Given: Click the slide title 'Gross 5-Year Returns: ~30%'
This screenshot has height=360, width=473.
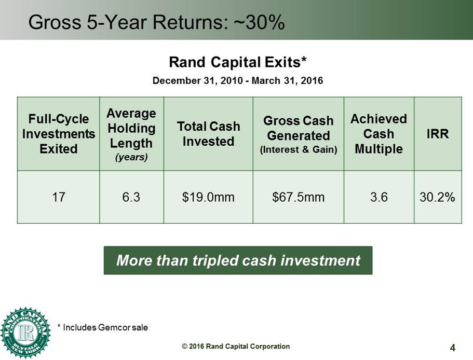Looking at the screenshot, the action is (x=156, y=22).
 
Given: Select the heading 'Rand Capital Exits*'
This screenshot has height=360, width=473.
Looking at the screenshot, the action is (x=238, y=62).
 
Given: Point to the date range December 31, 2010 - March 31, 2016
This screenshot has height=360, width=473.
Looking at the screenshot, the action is (x=238, y=80).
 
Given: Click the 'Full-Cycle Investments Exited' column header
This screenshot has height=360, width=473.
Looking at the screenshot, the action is (x=59, y=134).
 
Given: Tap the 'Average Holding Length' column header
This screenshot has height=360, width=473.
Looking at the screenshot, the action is (x=131, y=134).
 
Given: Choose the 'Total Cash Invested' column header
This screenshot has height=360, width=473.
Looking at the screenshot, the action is (x=208, y=134).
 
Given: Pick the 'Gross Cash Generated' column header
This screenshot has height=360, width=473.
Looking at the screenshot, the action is (x=299, y=134).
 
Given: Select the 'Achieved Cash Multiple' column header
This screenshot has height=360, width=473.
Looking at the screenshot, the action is (x=379, y=134).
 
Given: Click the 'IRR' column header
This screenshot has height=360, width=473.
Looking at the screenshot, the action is (x=437, y=134).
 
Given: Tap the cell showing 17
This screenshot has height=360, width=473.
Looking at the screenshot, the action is (x=59, y=197).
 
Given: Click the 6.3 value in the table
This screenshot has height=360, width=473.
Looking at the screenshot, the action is (x=131, y=197).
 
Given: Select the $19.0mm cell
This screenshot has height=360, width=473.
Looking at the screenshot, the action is (x=208, y=197).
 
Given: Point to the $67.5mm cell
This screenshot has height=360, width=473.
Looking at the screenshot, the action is (x=299, y=197).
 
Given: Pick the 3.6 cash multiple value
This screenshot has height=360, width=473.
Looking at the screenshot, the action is (x=379, y=197).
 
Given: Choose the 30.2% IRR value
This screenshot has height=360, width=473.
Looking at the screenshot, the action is (x=437, y=197).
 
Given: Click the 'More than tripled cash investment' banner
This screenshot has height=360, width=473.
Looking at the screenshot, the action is (x=238, y=260).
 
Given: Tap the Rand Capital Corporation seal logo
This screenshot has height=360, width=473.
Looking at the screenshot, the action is (x=25, y=333).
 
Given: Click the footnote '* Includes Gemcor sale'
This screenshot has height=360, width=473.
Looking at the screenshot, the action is (x=103, y=327).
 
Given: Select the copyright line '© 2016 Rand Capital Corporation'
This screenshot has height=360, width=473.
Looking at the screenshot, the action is (x=236, y=347).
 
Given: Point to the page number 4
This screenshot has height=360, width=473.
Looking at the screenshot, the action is (x=452, y=348).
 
